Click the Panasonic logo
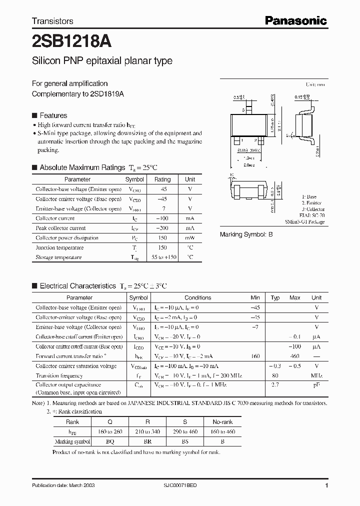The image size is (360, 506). tap(295, 20)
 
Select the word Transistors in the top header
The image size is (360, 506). tap(52, 21)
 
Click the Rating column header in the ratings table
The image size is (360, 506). tap(162, 179)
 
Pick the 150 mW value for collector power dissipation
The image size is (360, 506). tap(162, 238)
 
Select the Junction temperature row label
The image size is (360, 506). tap(55, 247)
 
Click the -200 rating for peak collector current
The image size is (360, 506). tap(162, 228)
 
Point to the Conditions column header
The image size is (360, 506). tap(198, 297)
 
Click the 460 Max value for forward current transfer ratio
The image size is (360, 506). tap(294, 356)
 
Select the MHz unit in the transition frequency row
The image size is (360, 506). tap(316, 375)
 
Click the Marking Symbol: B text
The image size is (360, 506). tap(246, 234)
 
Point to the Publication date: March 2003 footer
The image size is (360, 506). tap(63, 485)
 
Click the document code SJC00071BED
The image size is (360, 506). tap(183, 485)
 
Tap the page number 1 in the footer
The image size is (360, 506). tap(326, 485)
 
